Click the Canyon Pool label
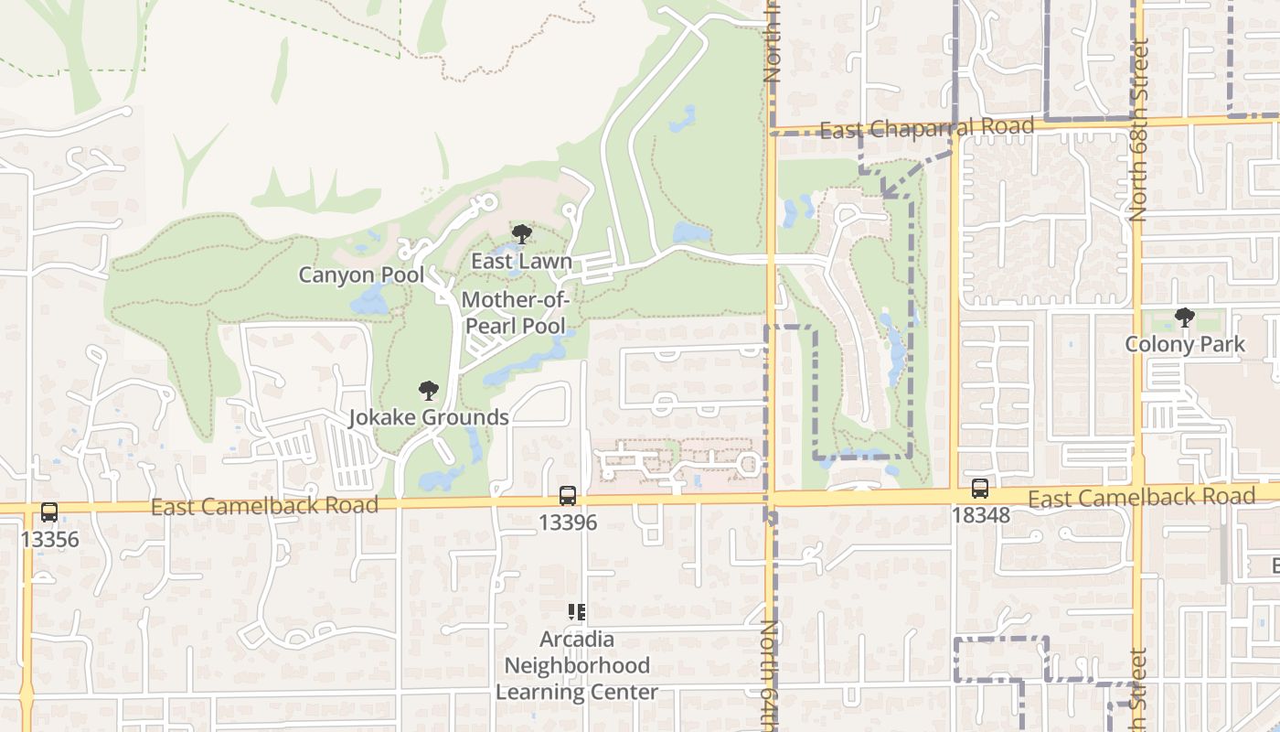tap(361, 274)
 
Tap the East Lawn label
tap(521, 261)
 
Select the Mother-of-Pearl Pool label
tap(516, 313)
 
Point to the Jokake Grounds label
tap(428, 417)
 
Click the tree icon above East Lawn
tap(521, 234)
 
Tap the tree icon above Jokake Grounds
tap(428, 392)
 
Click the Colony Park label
tap(1185, 345)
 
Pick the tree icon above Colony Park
tap(1185, 318)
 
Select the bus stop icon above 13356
tap(49, 512)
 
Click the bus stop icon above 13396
tap(568, 496)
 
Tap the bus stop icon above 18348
tap(980, 489)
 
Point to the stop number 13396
tap(568, 522)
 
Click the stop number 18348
tap(980, 515)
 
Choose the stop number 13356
tap(49, 539)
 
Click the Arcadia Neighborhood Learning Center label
tap(576, 665)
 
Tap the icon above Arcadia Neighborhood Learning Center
tap(576, 611)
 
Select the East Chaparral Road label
tap(926, 129)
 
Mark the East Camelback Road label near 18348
tap(1141, 497)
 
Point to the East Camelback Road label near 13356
tap(264, 506)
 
